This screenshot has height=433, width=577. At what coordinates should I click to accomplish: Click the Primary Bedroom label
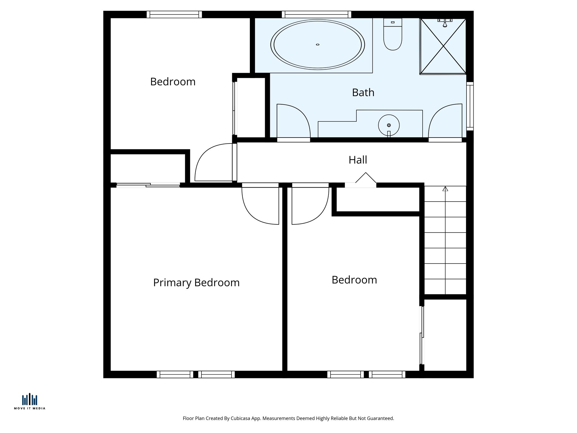coord(196,283)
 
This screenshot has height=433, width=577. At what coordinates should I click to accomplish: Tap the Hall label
coord(358,160)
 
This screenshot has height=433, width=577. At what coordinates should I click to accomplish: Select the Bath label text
coord(363,93)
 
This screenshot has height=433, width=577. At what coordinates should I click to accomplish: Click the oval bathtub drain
coord(318,45)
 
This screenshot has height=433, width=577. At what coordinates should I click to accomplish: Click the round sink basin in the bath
coord(389,125)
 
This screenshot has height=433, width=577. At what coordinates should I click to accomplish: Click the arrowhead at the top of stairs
coord(445,189)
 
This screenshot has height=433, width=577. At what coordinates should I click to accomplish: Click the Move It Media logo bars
coord(30,399)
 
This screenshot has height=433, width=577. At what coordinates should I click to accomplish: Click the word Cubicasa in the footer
coord(241,418)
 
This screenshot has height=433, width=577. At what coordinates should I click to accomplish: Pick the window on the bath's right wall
coord(470,106)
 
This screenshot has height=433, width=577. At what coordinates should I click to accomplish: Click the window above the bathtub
coord(316,14)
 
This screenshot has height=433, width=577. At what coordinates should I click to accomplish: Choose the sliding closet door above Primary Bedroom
coord(148,185)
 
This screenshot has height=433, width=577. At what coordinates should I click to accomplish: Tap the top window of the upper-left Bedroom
coord(174,14)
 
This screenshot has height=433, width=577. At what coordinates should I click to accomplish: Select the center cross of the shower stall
coord(443,46)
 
